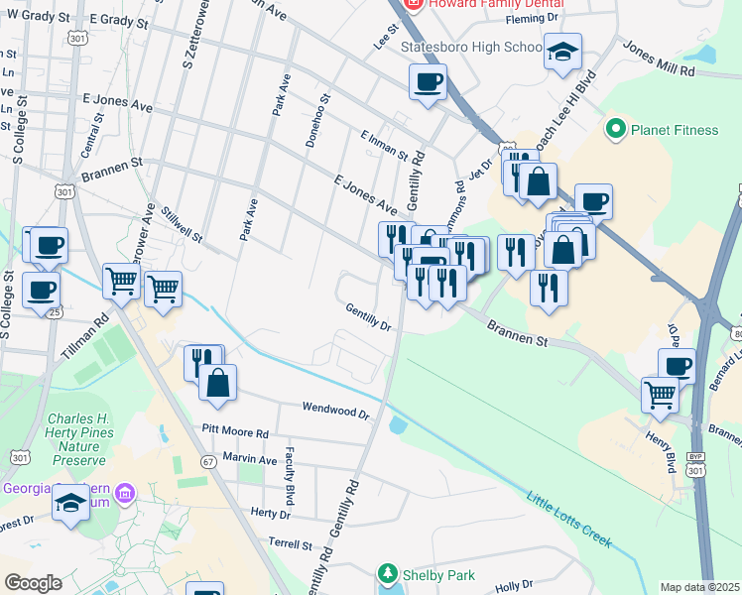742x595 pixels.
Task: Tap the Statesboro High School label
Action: (469, 47)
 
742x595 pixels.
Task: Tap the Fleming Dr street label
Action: (532, 19)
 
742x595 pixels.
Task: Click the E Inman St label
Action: (384, 144)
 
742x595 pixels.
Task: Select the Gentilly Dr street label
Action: (368, 316)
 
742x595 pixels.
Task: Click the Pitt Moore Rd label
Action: (235, 433)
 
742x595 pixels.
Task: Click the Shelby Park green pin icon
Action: (388, 574)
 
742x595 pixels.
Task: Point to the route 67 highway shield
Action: (208, 461)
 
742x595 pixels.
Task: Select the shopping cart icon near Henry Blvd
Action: (660, 395)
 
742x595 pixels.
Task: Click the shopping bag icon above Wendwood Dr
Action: (217, 383)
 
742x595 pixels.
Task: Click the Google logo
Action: (33, 583)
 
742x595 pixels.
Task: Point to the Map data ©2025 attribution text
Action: (699, 587)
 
